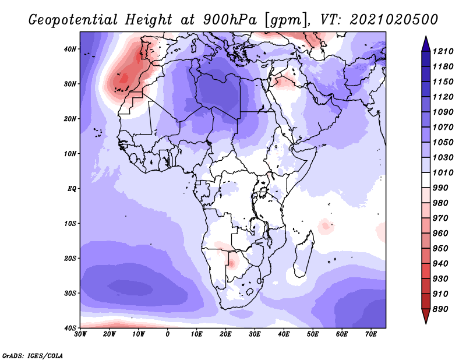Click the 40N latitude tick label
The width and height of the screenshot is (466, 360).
[x=70, y=49]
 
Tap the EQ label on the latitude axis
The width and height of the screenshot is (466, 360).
[x=72, y=189]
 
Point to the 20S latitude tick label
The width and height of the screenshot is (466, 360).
[x=70, y=258]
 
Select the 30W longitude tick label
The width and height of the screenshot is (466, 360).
[x=80, y=334]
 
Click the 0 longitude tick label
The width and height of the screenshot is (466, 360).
[x=168, y=334]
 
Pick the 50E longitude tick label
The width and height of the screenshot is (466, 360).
[x=313, y=334]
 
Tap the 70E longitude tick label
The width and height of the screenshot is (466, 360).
[x=371, y=334]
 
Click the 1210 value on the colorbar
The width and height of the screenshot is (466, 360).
[x=443, y=51]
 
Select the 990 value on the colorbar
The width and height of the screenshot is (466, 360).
[x=440, y=188]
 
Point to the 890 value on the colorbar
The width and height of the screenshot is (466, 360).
[x=440, y=309]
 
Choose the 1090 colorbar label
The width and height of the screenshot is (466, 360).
[x=443, y=112]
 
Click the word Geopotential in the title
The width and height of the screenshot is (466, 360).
[x=73, y=20]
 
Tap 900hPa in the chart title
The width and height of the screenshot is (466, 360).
[x=230, y=20]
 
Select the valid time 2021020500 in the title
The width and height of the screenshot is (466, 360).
[x=394, y=20]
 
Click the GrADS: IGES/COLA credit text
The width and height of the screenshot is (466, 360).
[x=33, y=355]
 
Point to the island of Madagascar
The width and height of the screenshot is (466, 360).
[x=303, y=254]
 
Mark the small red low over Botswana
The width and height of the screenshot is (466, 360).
[x=231, y=263]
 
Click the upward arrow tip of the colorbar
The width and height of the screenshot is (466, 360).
[x=426, y=37]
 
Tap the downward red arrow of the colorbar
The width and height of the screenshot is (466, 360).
[x=426, y=316]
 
